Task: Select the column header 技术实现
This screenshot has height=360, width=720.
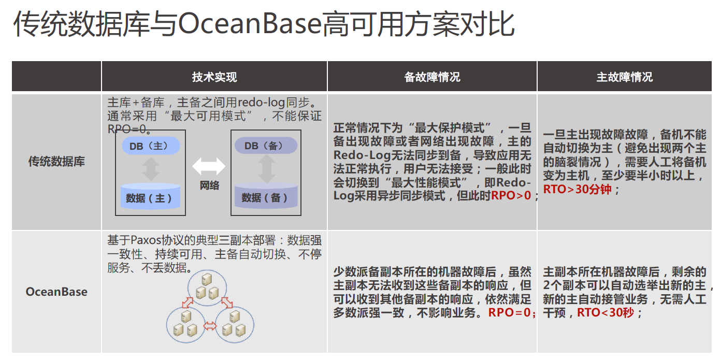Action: (214, 77)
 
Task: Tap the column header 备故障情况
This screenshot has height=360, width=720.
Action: (432, 77)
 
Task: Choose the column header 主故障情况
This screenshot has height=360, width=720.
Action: (624, 77)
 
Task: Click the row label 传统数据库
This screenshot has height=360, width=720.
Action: (56, 162)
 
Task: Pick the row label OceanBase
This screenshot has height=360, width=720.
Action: (56, 292)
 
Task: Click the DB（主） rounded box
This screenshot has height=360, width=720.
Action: (151, 146)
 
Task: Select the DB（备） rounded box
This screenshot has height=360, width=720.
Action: (266, 146)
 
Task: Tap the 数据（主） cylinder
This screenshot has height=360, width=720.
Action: (150, 197)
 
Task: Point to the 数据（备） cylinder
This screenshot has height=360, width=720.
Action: (266, 197)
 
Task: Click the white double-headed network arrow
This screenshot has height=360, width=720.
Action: (209, 166)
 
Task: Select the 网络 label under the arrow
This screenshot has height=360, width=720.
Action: (209, 185)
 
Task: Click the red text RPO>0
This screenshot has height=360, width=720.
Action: (511, 196)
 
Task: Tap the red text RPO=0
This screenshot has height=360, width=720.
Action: (510, 313)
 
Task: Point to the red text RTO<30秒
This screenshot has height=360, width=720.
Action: (605, 313)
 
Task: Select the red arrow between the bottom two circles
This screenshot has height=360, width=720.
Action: (210, 326)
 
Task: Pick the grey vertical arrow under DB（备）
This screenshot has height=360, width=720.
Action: (266, 169)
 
